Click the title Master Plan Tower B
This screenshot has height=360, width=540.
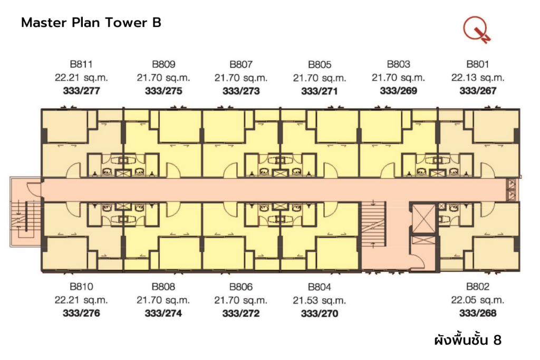click(91, 23)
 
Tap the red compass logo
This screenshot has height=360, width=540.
click(476, 30)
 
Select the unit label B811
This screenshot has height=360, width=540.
click(81, 65)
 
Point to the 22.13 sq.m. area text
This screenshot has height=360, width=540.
click(478, 77)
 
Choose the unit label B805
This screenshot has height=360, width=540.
click(320, 65)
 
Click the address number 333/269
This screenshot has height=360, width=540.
click(399, 91)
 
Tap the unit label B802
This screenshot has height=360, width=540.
click(478, 287)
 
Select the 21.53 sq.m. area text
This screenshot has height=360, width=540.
click(320, 300)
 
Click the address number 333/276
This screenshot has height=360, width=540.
click(81, 314)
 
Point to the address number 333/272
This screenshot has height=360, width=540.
click(241, 314)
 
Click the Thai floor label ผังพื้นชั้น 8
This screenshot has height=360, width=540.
click(467, 340)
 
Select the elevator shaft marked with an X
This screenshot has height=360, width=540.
click(423, 217)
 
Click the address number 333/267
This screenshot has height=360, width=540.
click(478, 91)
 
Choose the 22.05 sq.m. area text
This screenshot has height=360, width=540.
click(478, 300)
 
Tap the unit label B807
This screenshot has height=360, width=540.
click(241, 65)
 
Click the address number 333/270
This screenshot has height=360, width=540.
click(320, 314)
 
